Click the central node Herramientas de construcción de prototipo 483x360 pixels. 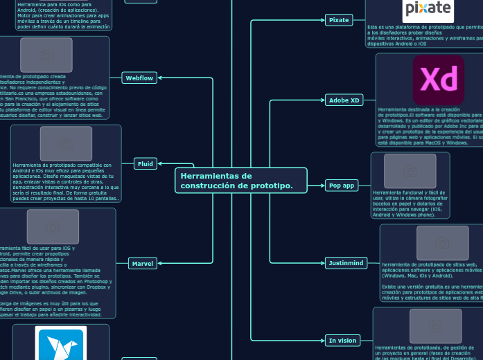[x=240, y=181]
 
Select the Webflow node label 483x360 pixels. [x=139, y=78]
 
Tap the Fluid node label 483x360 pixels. [x=146, y=164]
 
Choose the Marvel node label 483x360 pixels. [x=143, y=263]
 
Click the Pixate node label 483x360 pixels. [x=339, y=20]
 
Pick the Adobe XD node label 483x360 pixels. [x=344, y=100]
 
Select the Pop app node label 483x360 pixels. [x=341, y=186]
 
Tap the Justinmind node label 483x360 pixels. [x=346, y=263]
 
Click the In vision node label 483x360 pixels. [x=342, y=341]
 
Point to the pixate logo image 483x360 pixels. [x=428, y=9]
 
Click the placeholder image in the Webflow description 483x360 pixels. [x=46, y=55]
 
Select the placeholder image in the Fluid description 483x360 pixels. [x=66, y=143]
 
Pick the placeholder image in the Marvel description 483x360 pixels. [x=53, y=226]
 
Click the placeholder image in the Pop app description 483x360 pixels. [x=410, y=170]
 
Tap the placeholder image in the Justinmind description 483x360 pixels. [x=442, y=243]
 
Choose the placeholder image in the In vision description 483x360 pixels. [x=435, y=325]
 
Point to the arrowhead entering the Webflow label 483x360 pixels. [x=160, y=78]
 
